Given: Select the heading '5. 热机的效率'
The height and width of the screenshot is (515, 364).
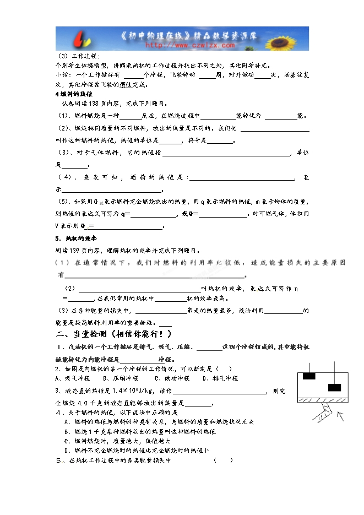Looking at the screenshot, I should pyautogui.click(x=75, y=238).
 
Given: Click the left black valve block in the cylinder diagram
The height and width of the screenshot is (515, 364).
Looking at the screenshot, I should pyautogui.click(x=309, y=376).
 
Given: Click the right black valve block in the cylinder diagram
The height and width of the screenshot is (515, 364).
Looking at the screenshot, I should pyautogui.click(x=335, y=387).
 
